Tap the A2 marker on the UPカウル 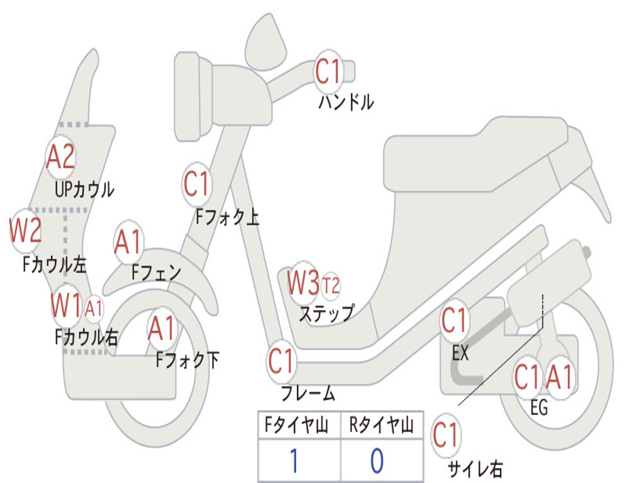click(x=61, y=157)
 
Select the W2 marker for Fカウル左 click(x=25, y=231)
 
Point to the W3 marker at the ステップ click(x=304, y=282)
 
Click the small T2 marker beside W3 click(x=331, y=286)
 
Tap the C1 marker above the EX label click(x=454, y=320)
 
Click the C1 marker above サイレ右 click(x=446, y=435)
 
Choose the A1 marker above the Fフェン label click(x=128, y=242)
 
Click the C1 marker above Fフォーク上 click(x=197, y=184)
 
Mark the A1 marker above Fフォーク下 click(x=162, y=328)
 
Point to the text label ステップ click(x=326, y=314)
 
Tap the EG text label click(x=539, y=408)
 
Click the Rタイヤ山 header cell click(x=382, y=425)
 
